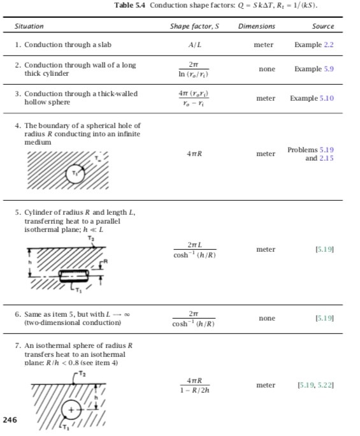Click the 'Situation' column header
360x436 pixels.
[29, 26]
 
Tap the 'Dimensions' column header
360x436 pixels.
[256, 26]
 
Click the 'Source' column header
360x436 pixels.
[323, 26]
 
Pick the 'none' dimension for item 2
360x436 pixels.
[264, 68]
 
